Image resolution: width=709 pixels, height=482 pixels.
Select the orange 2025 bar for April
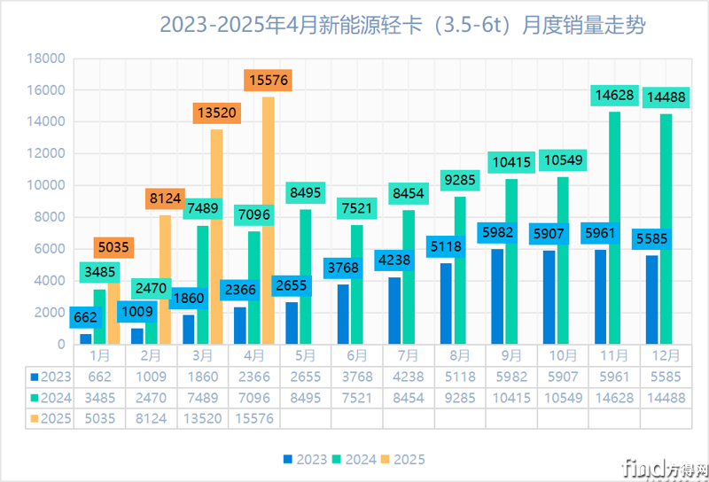[x=268, y=222]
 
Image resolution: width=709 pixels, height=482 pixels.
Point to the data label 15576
[x=268, y=81]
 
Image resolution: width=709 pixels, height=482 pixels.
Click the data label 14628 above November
[x=614, y=95]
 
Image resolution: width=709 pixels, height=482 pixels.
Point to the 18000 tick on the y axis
[x=47, y=58]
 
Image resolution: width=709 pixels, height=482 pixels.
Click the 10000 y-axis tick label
[x=47, y=185]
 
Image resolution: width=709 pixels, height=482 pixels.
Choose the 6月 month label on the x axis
[x=357, y=354]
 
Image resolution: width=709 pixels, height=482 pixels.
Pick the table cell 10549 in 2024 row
[x=563, y=397]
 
